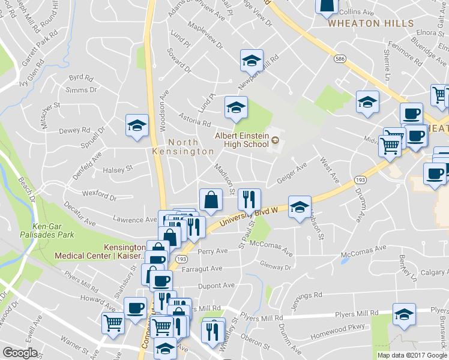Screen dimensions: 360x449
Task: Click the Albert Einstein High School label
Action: [x=242, y=139]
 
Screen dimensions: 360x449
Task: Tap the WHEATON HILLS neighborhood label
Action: [x=370, y=23]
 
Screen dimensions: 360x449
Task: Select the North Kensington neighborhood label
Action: [x=191, y=147]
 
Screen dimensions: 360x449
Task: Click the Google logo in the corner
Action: [x=20, y=352]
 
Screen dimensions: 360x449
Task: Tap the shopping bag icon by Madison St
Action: [x=211, y=199]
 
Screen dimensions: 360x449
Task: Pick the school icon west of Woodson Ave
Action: [x=137, y=126]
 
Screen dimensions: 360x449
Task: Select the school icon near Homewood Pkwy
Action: [x=404, y=314]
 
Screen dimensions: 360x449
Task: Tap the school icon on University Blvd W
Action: [x=300, y=207]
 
